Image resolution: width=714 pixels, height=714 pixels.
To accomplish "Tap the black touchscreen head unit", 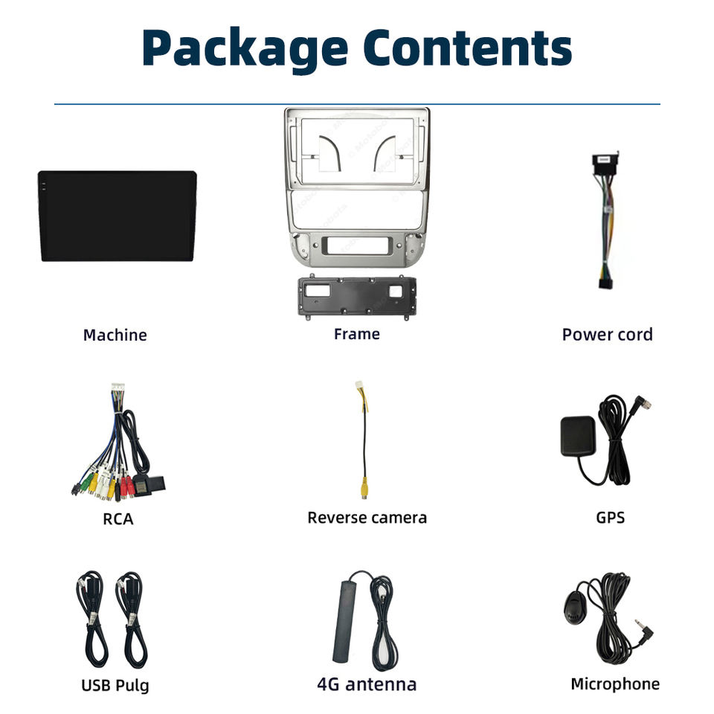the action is pos(118,216).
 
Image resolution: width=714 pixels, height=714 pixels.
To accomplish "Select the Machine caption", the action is pos(115,335).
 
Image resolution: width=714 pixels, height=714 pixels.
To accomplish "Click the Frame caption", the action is pos(356,334).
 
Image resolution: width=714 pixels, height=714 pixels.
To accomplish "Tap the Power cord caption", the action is pos(607,335).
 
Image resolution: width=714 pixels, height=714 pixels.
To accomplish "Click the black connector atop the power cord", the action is pos(606,163).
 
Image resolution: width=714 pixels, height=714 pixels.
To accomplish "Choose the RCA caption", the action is pos(118,518).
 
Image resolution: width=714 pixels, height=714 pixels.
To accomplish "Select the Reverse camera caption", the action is pos(367,518).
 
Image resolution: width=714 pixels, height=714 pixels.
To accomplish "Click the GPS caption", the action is pos(610,518).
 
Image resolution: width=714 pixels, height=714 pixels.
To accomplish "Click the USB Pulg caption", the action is pos(115,685).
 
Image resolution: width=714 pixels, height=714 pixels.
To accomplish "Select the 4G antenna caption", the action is pos(367,684).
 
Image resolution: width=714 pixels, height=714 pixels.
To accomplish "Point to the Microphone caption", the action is pos(614,684).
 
